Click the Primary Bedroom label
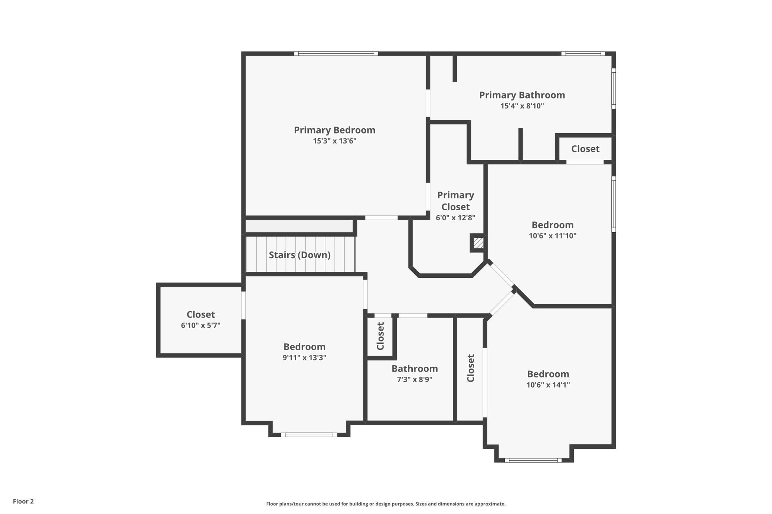point(334,130)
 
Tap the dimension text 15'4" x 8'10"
point(522,106)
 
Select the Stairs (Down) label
point(300,255)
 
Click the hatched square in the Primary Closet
point(478,243)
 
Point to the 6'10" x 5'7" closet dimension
point(200,326)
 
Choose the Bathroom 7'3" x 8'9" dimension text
point(415,379)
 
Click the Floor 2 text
point(23,501)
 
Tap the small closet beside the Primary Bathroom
point(585,149)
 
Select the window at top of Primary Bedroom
point(336,54)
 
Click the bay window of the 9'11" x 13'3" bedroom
point(309,435)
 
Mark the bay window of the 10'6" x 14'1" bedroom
point(533,461)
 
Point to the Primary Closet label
point(455,201)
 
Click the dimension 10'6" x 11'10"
point(552,236)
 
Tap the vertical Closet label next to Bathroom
point(380,336)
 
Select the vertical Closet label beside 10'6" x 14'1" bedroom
point(471,368)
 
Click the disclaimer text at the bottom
point(386,504)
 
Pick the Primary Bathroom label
point(522,95)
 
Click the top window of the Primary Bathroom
point(583,54)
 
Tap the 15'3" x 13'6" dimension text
point(334,141)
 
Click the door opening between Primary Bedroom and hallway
point(381,218)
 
